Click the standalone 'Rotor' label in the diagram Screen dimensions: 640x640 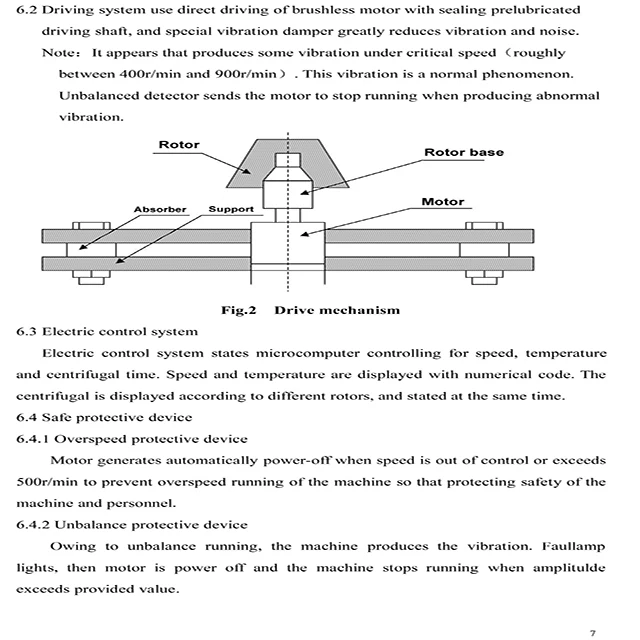(179, 145)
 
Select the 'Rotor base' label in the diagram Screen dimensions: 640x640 (464, 153)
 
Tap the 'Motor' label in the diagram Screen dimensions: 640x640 (443, 202)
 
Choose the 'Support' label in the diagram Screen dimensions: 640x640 (231, 209)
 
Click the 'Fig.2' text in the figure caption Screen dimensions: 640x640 (240, 310)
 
